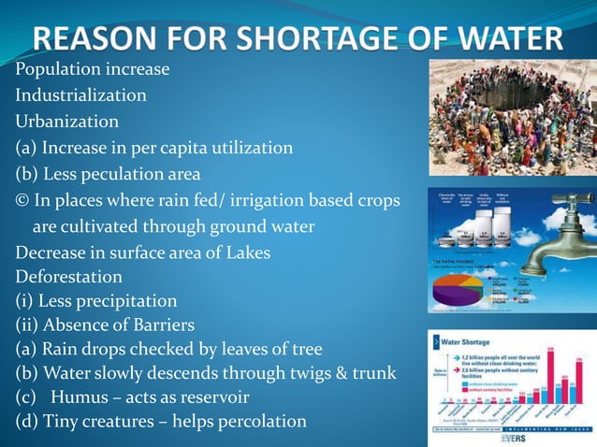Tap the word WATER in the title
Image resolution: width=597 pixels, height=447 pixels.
[501, 38]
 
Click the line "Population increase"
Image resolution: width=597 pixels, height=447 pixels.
[92, 69]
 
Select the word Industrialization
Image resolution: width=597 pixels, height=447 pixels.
[80, 95]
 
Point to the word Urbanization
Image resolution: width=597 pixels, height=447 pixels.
[66, 122]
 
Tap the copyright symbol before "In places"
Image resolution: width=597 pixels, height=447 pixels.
[22, 201]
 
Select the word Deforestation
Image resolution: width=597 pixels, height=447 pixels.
[68, 277]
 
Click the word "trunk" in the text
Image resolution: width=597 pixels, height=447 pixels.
[372, 373]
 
